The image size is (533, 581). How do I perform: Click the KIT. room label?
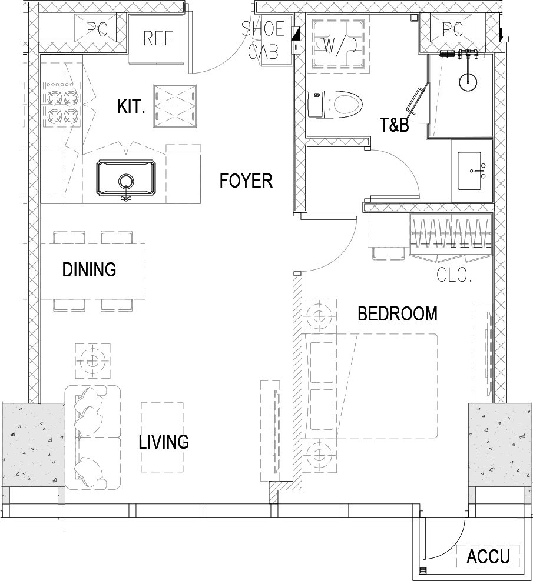tap(131, 106)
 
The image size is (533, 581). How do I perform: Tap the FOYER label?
tap(246, 181)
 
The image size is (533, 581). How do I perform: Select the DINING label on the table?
tap(89, 269)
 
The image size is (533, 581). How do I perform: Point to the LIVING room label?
tap(164, 442)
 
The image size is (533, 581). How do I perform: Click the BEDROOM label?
tap(398, 314)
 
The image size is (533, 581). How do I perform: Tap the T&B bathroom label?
tap(394, 125)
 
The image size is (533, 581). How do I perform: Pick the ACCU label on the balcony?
tap(488, 556)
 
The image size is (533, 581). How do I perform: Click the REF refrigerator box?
tap(157, 39)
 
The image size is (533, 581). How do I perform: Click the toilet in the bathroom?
tap(335, 105)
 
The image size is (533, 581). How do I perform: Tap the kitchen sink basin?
tap(126, 178)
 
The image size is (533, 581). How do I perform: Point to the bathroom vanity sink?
tap(472, 171)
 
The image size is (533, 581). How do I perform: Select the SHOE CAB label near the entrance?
tap(263, 41)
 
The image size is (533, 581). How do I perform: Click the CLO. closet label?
tap(454, 275)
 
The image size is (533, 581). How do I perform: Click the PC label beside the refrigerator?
tap(97, 29)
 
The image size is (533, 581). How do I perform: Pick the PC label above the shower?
tap(452, 29)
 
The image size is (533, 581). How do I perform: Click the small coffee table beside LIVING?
tap(162, 438)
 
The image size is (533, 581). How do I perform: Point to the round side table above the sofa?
tap(93, 360)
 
